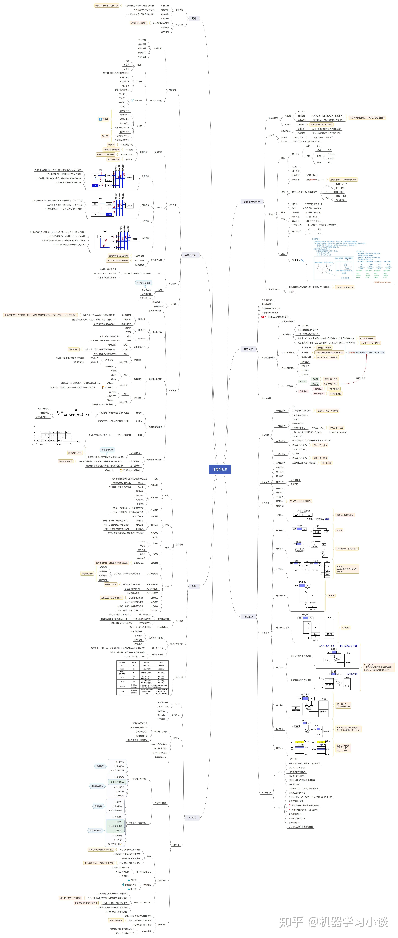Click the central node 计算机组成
click(x=220, y=469)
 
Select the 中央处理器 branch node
click(x=190, y=255)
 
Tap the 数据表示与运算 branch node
click(x=252, y=201)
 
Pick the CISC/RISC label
click(x=266, y=793)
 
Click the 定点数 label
click(x=271, y=214)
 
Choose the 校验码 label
click(x=271, y=135)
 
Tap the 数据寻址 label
click(x=265, y=632)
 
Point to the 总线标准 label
click(x=179, y=677)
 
